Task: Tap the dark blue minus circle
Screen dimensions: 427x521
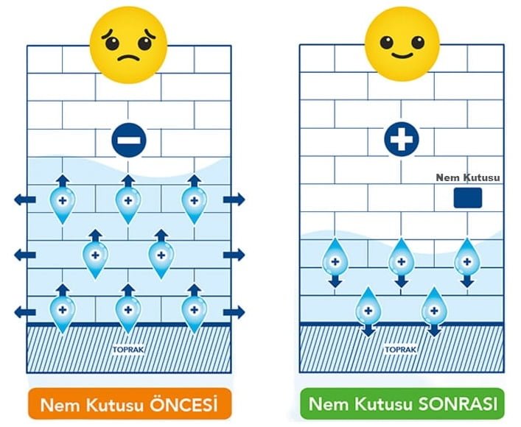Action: (x=129, y=140)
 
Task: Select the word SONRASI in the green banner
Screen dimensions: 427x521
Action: (x=457, y=404)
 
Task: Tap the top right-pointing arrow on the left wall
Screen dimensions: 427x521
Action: (x=234, y=199)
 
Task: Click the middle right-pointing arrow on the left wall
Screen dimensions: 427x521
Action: (x=234, y=255)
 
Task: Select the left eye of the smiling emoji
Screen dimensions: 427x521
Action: (x=386, y=38)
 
